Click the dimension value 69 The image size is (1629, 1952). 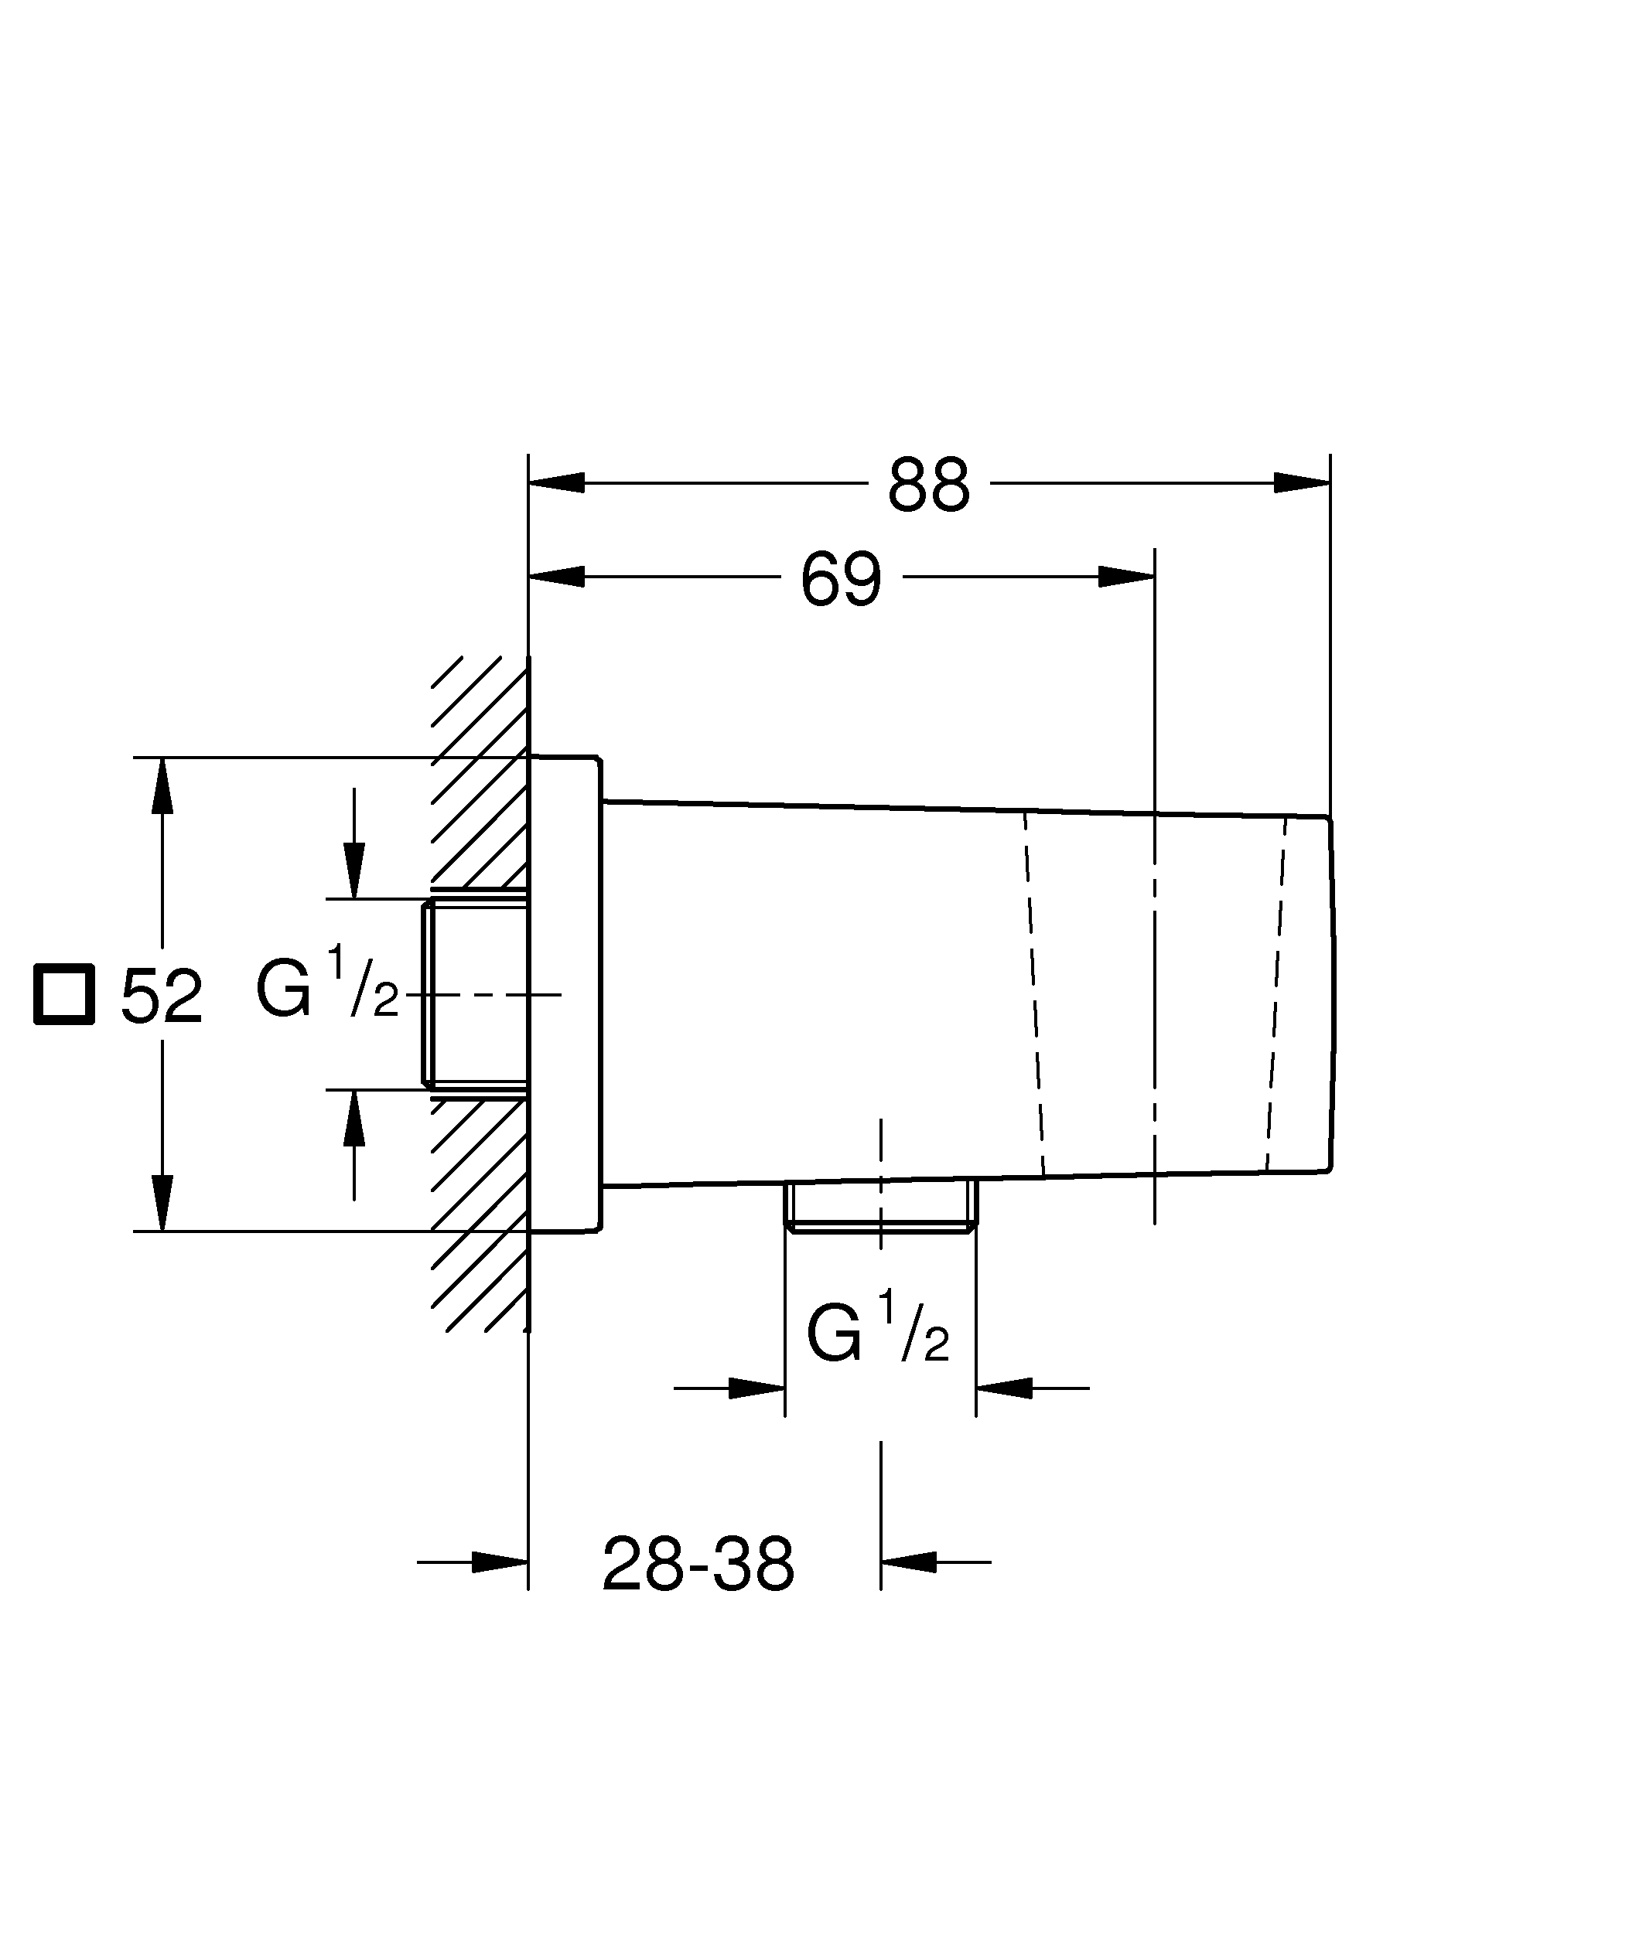pyautogui.click(x=841, y=580)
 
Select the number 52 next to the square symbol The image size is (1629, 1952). pyautogui.click(x=162, y=997)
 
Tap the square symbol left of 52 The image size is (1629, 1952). pyautogui.click(x=64, y=995)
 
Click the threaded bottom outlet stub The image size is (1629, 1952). pyautogui.click(x=880, y=1207)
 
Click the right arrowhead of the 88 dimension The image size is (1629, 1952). pyautogui.click(x=1302, y=483)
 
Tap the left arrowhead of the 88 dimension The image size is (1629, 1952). pyautogui.click(x=557, y=483)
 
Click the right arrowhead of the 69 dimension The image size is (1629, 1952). pyautogui.click(x=1126, y=576)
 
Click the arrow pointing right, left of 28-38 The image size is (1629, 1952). pyautogui.click(x=500, y=1562)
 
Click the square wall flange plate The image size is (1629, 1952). pyautogui.click(x=565, y=995)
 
